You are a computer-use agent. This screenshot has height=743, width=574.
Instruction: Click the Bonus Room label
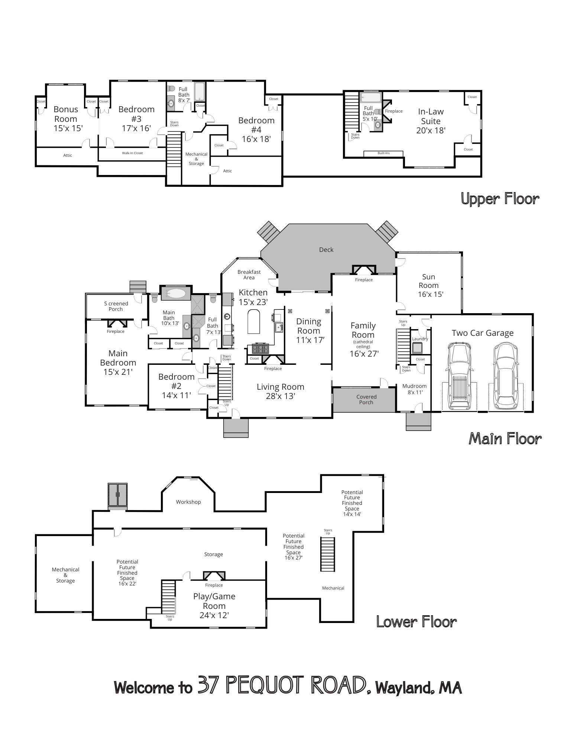coord(66,114)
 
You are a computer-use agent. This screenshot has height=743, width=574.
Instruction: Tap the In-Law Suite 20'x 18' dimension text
coord(431,130)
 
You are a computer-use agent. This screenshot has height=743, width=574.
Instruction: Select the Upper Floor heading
coord(500,199)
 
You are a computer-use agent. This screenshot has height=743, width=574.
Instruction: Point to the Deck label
coord(326,250)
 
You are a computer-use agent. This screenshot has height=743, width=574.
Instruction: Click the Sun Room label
coord(429,281)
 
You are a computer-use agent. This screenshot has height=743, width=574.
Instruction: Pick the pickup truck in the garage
coord(459,376)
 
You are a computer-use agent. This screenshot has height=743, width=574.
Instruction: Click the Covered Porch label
coord(366,399)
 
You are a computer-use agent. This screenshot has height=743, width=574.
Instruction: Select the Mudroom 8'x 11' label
coord(414,389)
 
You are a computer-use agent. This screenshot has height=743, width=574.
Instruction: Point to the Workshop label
coord(188,502)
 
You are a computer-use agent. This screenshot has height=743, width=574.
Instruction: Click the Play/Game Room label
coord(214,601)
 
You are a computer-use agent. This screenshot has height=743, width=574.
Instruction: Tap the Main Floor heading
coord(505,439)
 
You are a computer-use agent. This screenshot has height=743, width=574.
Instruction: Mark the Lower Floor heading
coord(416,622)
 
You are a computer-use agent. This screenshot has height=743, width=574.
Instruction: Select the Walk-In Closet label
coord(133,153)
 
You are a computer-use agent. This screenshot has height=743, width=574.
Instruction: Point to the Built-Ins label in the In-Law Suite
coord(383,153)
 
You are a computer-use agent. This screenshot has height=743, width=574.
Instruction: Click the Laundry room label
coord(420,339)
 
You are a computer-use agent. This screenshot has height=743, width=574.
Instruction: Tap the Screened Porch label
coord(116,306)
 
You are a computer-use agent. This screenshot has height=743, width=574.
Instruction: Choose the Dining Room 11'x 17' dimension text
coord(311,340)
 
